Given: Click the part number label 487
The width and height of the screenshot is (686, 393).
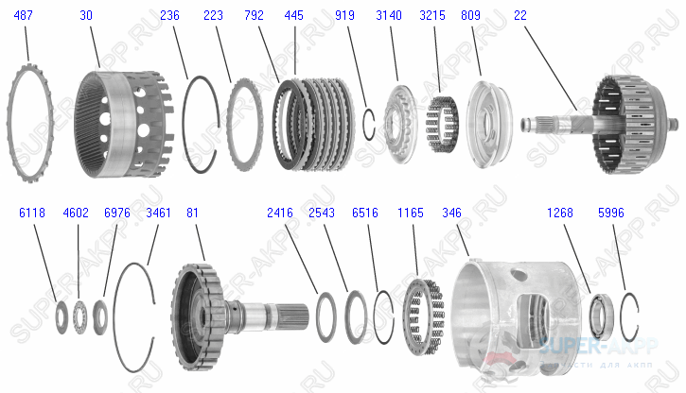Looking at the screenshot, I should click(22, 16).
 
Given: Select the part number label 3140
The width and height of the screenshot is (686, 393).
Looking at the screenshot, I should click(388, 16).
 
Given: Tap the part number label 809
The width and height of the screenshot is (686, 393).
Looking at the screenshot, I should click(469, 16).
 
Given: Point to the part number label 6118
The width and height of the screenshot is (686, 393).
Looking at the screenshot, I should click(31, 213).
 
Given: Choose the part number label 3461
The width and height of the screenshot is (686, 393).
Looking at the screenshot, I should click(158, 213).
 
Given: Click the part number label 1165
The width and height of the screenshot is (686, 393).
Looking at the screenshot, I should click(411, 213).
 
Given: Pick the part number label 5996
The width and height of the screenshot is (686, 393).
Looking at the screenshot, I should click(611, 213).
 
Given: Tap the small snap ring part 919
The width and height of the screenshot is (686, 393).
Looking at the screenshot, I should click(371, 122).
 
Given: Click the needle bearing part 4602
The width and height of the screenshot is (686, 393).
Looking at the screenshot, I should click(80, 315).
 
